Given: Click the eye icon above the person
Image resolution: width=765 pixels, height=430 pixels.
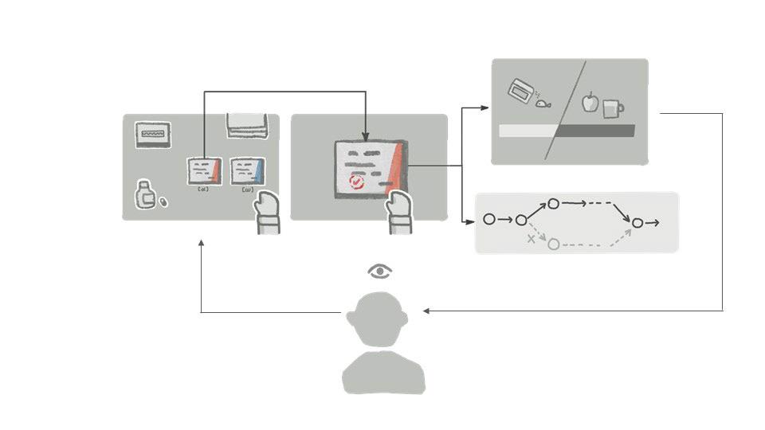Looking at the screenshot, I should (380, 272).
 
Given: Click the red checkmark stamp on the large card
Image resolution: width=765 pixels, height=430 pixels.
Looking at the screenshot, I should (356, 182).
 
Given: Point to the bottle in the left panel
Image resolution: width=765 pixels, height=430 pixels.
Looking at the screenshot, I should (144, 195).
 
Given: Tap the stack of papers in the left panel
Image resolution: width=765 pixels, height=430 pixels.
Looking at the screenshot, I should (247, 124).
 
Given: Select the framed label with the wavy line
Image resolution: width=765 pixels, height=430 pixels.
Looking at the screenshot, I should (152, 135).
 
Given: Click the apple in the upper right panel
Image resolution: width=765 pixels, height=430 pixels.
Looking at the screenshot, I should (590, 103).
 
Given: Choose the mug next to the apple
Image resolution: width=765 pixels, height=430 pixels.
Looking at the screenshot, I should (612, 107).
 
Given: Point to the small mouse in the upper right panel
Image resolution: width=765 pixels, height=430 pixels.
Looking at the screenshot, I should (543, 102).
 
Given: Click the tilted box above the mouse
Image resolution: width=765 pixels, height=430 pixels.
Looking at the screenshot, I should (522, 90).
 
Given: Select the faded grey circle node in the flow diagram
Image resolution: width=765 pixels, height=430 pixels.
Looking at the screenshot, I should (553, 244).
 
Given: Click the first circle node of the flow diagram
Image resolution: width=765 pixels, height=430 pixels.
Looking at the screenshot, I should (489, 219).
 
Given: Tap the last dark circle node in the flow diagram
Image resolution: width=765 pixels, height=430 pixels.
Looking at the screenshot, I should (637, 223).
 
